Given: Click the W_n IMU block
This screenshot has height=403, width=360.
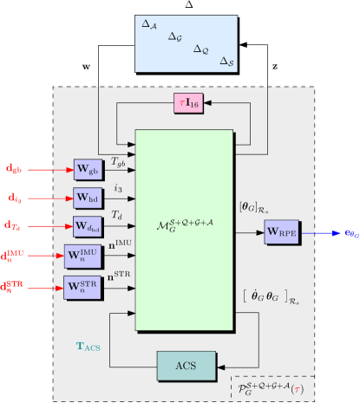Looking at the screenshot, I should (83, 257).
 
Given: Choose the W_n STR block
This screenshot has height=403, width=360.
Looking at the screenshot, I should (83, 286).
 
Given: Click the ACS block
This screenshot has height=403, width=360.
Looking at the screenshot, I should (186, 366).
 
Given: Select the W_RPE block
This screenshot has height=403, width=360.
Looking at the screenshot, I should (283, 232).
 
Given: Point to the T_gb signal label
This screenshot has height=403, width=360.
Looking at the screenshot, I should (118, 161).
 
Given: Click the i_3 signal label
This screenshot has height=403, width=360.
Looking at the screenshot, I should (118, 186).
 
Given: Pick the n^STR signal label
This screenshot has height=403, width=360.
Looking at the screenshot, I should (120, 276).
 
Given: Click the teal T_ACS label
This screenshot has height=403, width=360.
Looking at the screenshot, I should (88, 346).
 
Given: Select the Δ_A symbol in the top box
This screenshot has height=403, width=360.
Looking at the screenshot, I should (149, 26).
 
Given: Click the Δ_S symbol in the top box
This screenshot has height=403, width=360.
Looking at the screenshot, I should (226, 62).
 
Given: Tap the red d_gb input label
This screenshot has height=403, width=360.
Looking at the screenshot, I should (14, 168).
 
